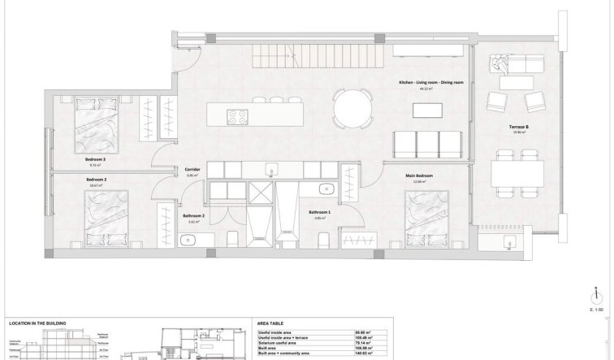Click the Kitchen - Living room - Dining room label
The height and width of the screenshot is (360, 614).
[430, 84]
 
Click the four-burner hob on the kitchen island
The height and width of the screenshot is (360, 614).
[238, 117]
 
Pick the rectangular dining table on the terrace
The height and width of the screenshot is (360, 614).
[518, 172]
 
